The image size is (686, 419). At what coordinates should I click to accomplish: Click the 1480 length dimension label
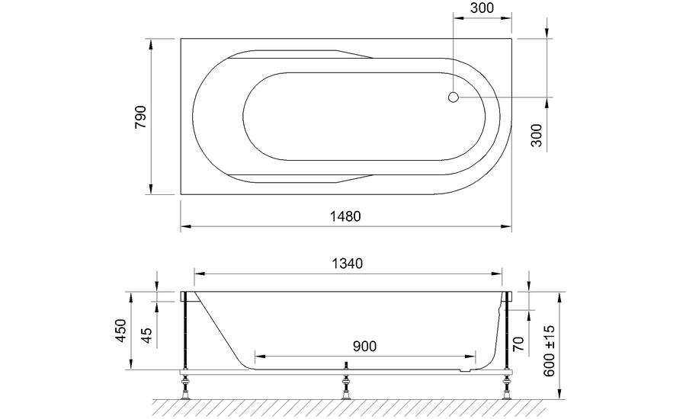pyautogui.click(x=345, y=216)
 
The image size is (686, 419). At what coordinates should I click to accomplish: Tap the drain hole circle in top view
pyautogui.click(x=453, y=98)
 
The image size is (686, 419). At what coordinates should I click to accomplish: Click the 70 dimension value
pyautogui.click(x=518, y=344)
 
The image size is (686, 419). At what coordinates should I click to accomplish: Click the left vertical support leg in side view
pyautogui.click(x=184, y=331)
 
